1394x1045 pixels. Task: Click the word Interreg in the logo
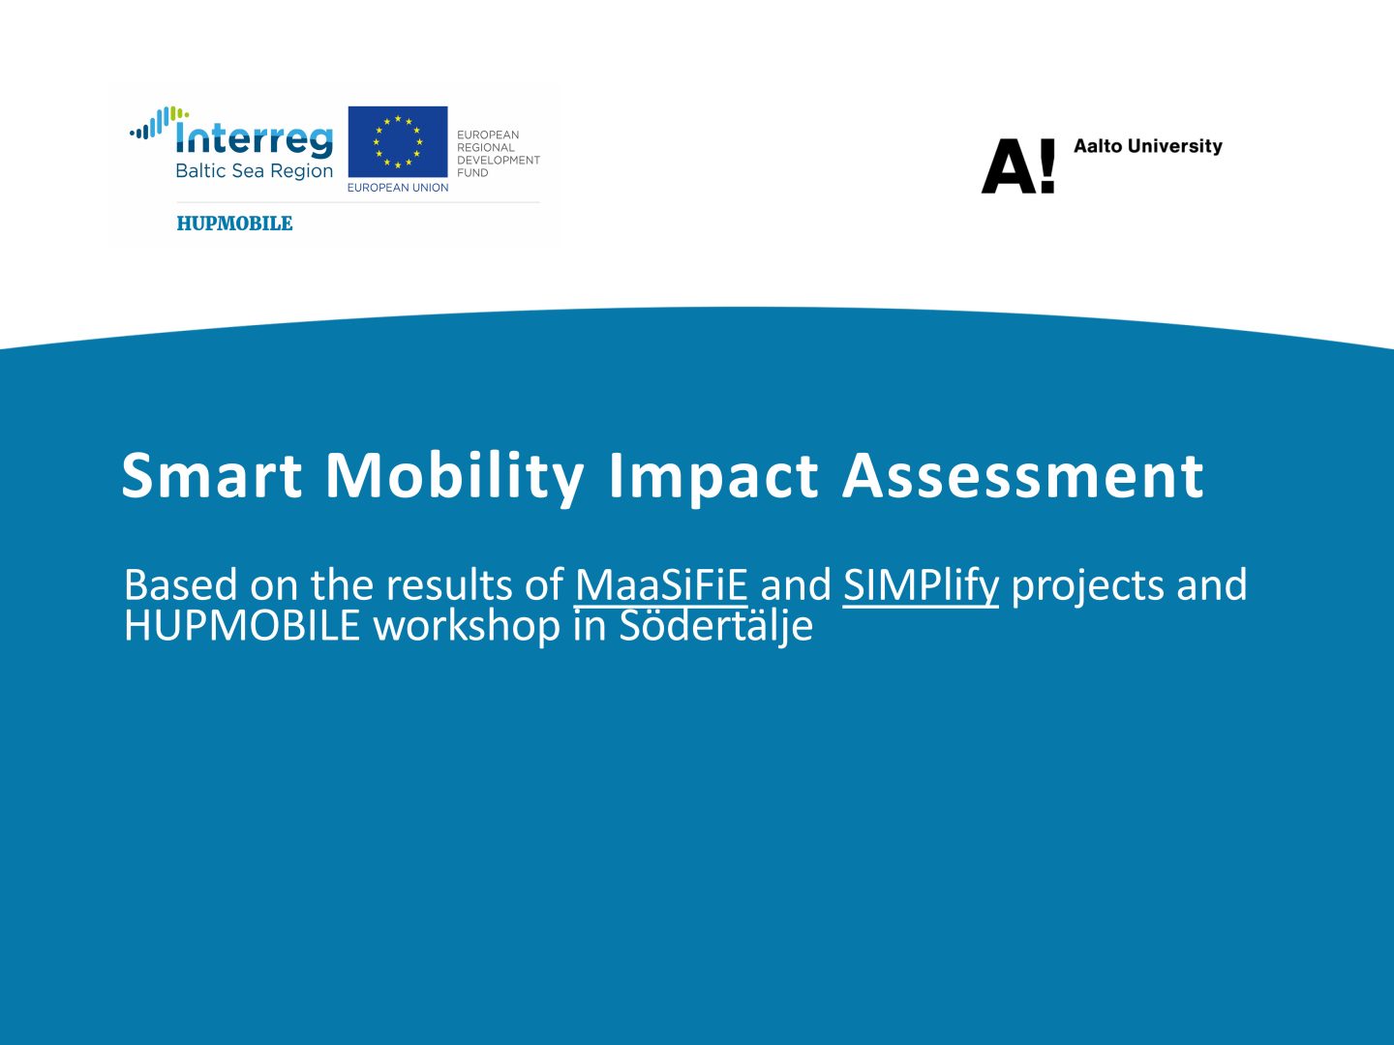click(x=254, y=138)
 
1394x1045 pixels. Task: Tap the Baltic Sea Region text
click(x=254, y=171)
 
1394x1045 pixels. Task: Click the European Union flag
click(x=398, y=141)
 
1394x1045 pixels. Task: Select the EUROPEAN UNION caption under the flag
click(x=398, y=188)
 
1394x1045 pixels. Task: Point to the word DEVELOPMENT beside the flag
click(x=499, y=160)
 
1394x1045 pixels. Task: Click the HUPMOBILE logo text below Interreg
click(x=234, y=224)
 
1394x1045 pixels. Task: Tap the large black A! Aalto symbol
click(x=1018, y=165)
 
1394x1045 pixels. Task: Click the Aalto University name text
click(x=1147, y=146)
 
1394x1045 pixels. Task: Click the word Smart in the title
click(x=211, y=475)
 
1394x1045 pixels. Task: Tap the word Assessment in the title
click(x=1023, y=475)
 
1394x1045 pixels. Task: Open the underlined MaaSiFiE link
click(x=661, y=584)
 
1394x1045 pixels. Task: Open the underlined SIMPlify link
click(x=921, y=585)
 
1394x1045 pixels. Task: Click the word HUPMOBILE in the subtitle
click(x=242, y=626)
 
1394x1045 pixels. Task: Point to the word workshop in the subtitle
click(x=467, y=627)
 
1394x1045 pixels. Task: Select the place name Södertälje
click(x=716, y=627)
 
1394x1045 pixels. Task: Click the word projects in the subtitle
click(x=1088, y=587)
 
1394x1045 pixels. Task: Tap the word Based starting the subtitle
click(x=180, y=584)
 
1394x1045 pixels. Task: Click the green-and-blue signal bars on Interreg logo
click(x=159, y=122)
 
